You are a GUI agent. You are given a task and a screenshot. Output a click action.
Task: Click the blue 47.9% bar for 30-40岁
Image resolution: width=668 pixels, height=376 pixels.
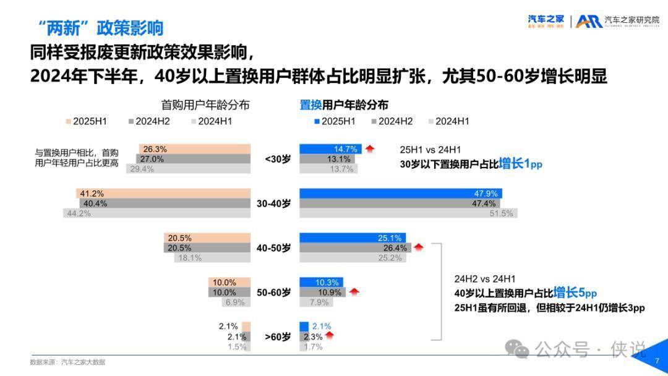click(x=400, y=194)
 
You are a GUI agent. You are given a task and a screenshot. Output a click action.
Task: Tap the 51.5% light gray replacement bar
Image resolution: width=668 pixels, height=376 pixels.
click(x=408, y=213)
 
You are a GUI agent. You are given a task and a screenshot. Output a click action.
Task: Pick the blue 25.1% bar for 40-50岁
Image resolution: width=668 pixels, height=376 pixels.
click(x=353, y=237)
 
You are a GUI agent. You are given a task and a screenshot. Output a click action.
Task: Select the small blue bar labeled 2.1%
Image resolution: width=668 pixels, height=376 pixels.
click(x=304, y=327)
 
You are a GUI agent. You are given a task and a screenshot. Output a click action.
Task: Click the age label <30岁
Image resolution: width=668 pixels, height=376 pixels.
click(x=277, y=159)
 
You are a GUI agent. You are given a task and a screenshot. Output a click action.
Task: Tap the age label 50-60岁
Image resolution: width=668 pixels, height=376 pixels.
click(x=273, y=293)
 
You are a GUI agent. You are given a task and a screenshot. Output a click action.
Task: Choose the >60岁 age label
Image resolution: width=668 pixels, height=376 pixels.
click(x=277, y=337)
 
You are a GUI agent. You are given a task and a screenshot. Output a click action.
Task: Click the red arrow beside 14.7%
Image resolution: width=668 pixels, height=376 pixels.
click(x=370, y=148)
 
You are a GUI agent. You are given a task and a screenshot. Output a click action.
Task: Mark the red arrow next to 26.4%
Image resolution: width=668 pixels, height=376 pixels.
click(x=419, y=247)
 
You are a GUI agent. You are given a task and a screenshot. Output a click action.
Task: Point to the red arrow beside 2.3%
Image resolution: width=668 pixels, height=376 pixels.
click(x=330, y=336)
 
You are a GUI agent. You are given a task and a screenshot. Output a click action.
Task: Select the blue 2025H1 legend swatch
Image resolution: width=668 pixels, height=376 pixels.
click(x=317, y=121)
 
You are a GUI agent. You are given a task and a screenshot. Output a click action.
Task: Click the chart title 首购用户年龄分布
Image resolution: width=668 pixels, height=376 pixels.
click(x=205, y=105)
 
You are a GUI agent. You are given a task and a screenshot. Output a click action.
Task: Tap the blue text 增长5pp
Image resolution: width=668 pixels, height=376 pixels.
click(x=575, y=293)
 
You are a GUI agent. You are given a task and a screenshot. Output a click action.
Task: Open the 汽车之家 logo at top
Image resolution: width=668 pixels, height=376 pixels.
click(x=546, y=21)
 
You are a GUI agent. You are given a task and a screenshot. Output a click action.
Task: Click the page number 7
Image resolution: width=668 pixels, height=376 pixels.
click(x=657, y=361)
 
